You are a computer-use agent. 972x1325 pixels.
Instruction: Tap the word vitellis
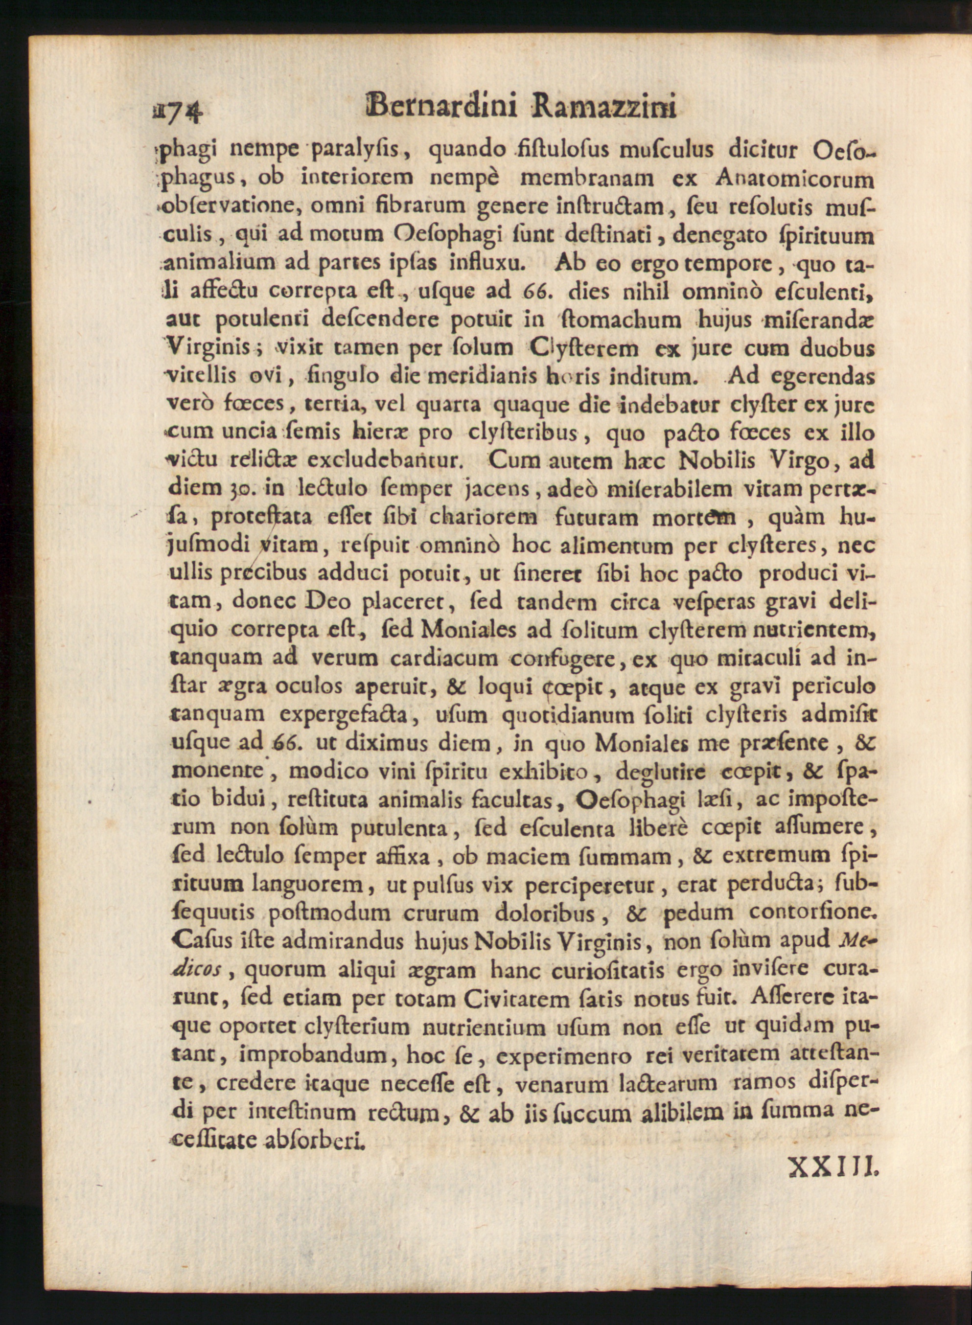tap(203, 376)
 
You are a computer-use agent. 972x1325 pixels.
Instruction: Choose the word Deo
tap(328, 600)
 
